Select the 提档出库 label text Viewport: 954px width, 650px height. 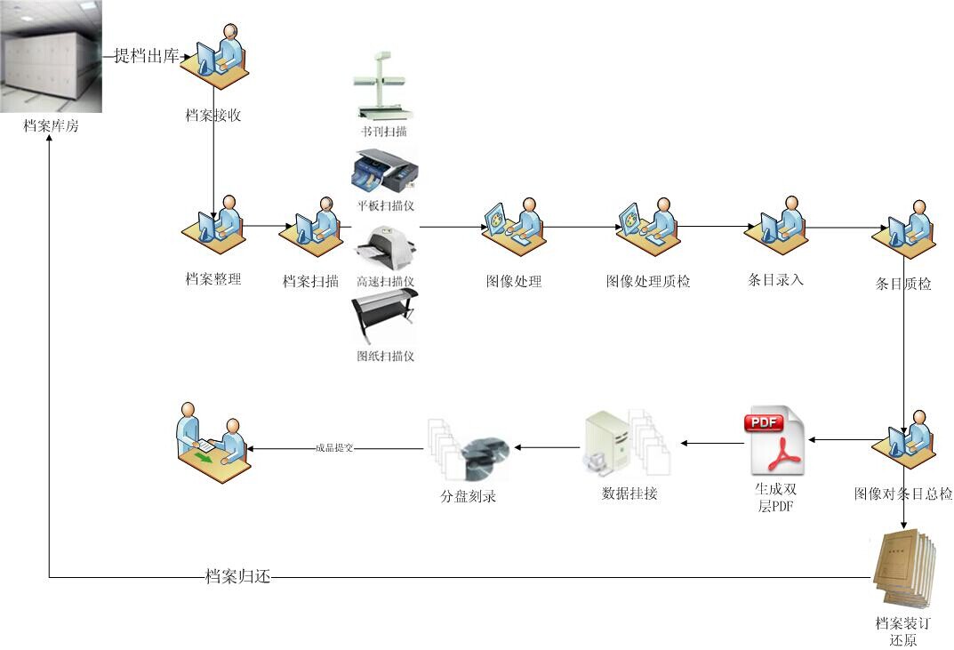(147, 56)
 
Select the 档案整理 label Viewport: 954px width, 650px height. (213, 279)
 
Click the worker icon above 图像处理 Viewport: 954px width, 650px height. (513, 228)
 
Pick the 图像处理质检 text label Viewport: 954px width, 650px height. (648, 282)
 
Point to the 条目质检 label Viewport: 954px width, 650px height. (903, 285)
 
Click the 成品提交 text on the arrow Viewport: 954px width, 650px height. (334, 448)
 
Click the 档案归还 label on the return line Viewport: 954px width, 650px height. (236, 577)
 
